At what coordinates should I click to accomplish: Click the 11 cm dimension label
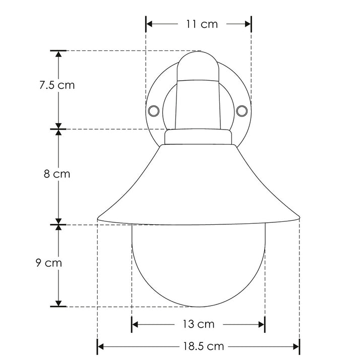tap(199, 24)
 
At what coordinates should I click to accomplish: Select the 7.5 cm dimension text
tap(57, 85)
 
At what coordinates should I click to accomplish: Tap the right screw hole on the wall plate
tap(242, 109)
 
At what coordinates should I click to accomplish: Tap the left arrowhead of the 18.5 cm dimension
tap(100, 346)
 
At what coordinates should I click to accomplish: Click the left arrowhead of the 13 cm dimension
tap(135, 324)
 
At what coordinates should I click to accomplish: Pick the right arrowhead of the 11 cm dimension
tap(248, 24)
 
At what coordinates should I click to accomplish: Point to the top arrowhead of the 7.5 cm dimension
tap(59, 54)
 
